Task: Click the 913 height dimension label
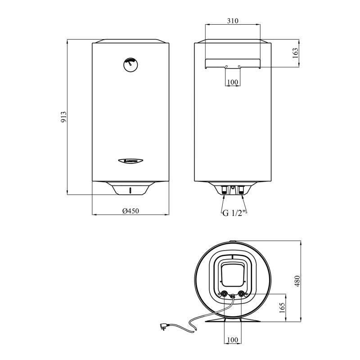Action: (x=63, y=117)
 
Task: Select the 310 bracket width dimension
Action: (x=233, y=21)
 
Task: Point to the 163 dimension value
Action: (x=295, y=53)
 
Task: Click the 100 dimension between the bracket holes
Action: (x=233, y=82)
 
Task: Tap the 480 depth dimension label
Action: (x=297, y=281)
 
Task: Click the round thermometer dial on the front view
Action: (x=130, y=64)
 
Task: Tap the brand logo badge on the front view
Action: (x=130, y=159)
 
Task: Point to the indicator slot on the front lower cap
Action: (x=130, y=190)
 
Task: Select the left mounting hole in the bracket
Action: (x=226, y=66)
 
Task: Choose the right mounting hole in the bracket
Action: (x=239, y=66)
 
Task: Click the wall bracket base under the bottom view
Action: (x=233, y=320)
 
